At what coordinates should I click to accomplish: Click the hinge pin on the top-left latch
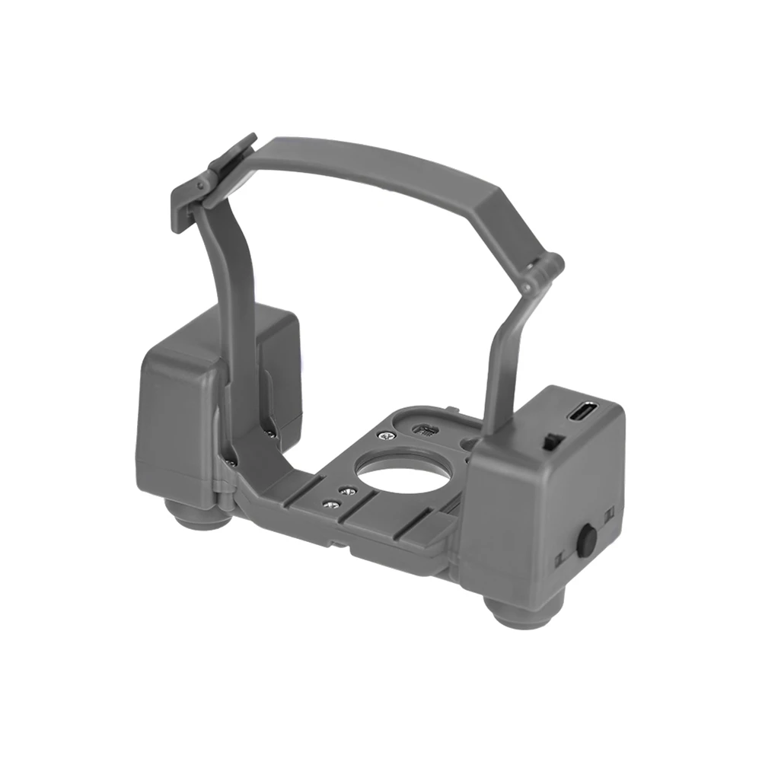tap(202, 185)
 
